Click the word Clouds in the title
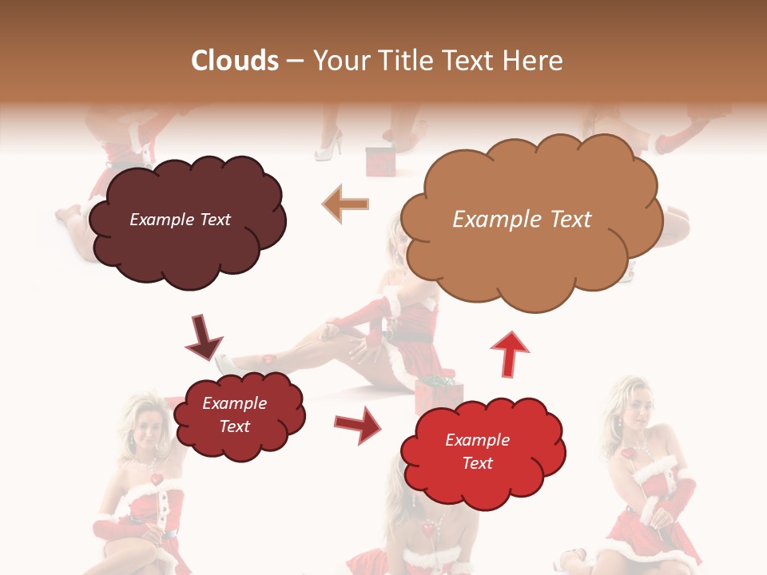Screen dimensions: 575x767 point(236,61)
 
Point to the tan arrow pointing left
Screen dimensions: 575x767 point(345,204)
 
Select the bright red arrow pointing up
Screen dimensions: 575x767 point(509,354)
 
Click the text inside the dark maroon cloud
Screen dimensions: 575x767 point(180,220)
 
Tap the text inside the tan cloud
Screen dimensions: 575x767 point(522,220)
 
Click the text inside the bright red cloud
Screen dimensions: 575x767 point(477,451)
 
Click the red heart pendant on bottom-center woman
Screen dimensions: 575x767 point(430,529)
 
